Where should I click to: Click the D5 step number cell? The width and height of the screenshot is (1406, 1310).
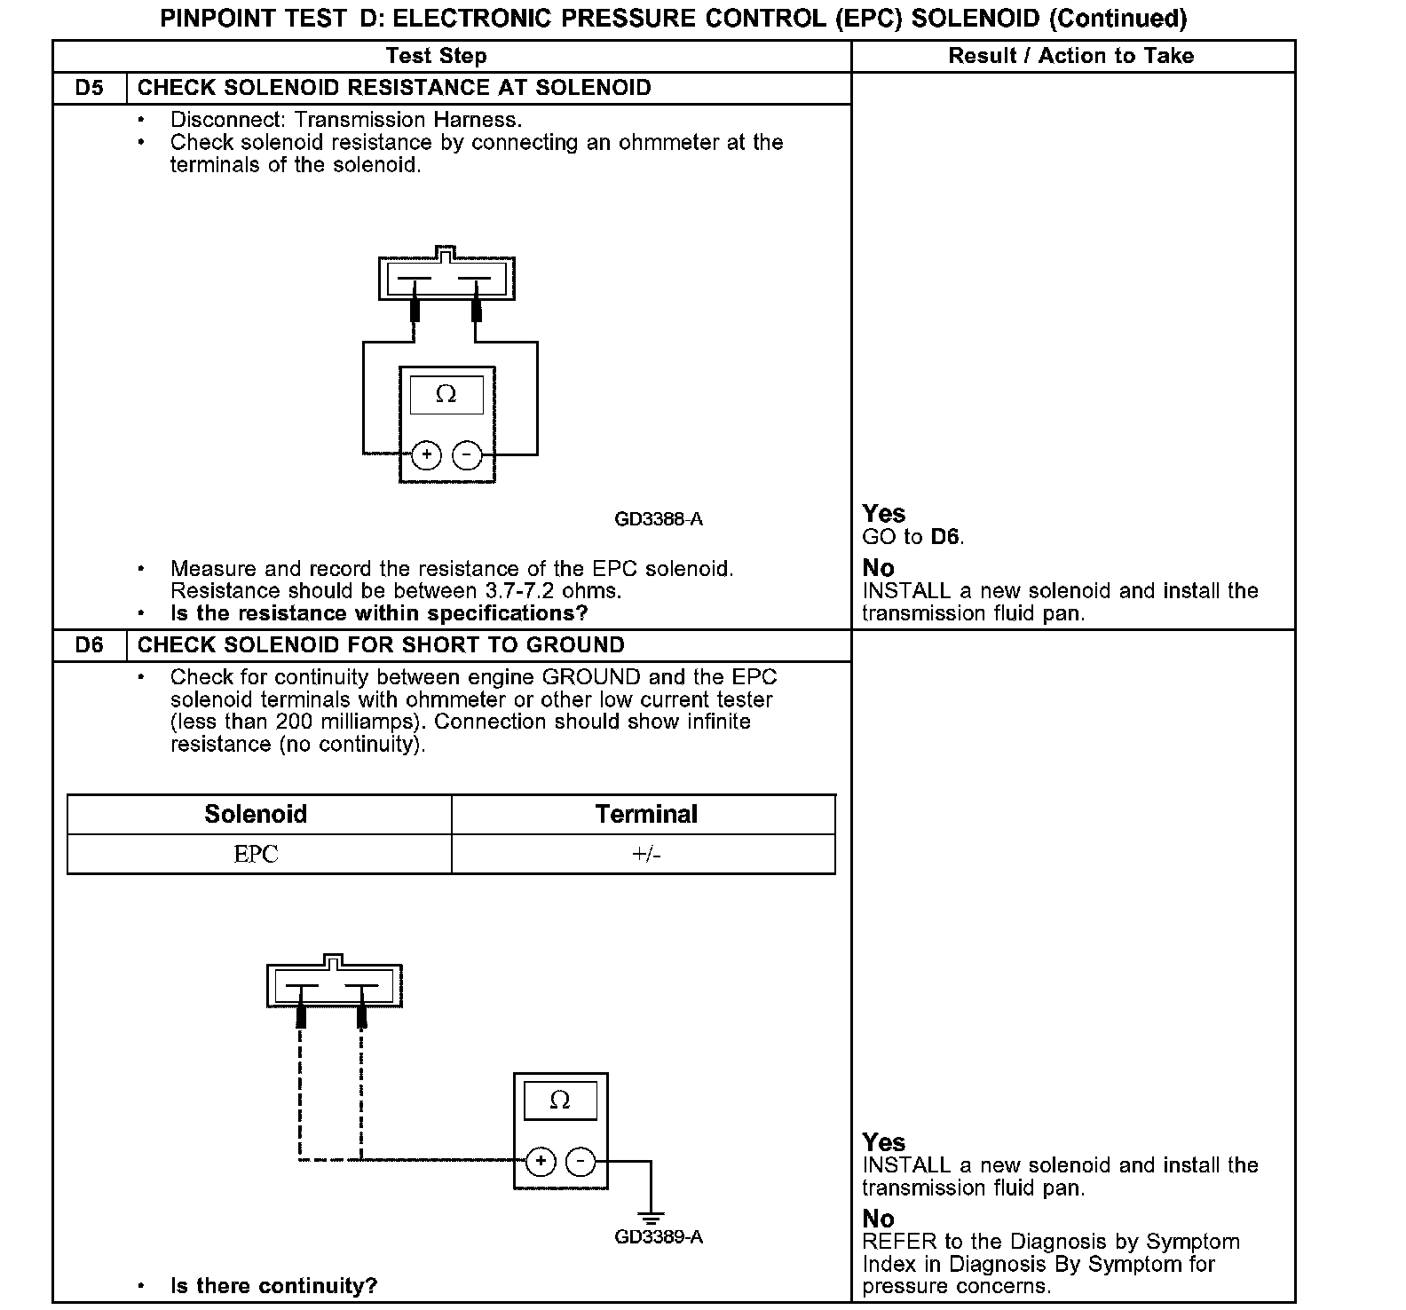pyautogui.click(x=90, y=88)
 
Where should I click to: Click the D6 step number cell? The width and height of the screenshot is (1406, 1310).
pyautogui.click(x=90, y=645)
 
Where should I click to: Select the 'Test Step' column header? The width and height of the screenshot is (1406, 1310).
pyautogui.click(x=437, y=56)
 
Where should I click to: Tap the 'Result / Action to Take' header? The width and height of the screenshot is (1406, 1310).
pyautogui.click(x=1071, y=56)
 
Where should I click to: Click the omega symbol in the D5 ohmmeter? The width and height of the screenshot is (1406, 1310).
pyautogui.click(x=446, y=394)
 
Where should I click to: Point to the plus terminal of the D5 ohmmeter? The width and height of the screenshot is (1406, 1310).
pyautogui.click(x=427, y=455)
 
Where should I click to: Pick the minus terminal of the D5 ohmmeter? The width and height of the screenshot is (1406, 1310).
pyautogui.click(x=467, y=455)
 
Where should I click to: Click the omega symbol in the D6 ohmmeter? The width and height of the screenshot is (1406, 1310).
pyautogui.click(x=560, y=1101)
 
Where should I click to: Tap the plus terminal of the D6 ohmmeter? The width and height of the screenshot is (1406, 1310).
pyautogui.click(x=541, y=1161)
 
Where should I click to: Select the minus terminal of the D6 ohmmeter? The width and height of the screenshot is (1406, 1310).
pyautogui.click(x=581, y=1161)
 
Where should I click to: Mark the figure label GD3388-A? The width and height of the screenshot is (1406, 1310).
pyautogui.click(x=659, y=519)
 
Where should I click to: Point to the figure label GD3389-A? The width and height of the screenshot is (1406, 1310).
pyautogui.click(x=659, y=1236)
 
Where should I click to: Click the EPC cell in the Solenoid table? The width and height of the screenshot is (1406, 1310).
pyautogui.click(x=257, y=854)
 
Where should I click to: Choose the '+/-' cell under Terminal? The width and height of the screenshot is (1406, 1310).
pyautogui.click(x=646, y=854)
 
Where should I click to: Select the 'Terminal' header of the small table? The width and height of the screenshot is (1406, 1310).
pyautogui.click(x=646, y=814)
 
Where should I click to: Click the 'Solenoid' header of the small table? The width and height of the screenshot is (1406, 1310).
pyautogui.click(x=256, y=814)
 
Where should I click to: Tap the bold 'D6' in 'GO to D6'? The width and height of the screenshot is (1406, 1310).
pyautogui.click(x=946, y=537)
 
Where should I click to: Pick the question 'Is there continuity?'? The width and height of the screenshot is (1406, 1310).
pyautogui.click(x=273, y=1286)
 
